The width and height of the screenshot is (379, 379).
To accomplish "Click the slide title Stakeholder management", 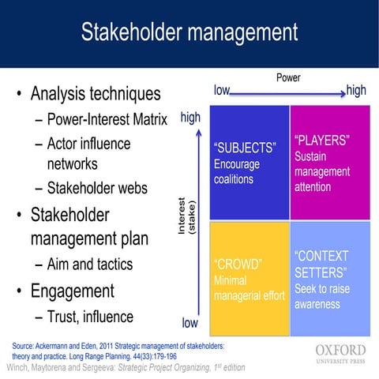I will [x=189, y=32].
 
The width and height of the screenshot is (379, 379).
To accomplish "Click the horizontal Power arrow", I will [x=288, y=95].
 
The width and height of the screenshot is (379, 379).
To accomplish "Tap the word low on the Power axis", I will [x=222, y=91].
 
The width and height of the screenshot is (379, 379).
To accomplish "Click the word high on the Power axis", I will [x=356, y=91].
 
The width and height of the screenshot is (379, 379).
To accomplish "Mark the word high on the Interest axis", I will [x=190, y=118].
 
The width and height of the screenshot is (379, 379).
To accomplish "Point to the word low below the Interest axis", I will [x=190, y=323].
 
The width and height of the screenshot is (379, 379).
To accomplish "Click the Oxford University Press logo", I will [x=340, y=353].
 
